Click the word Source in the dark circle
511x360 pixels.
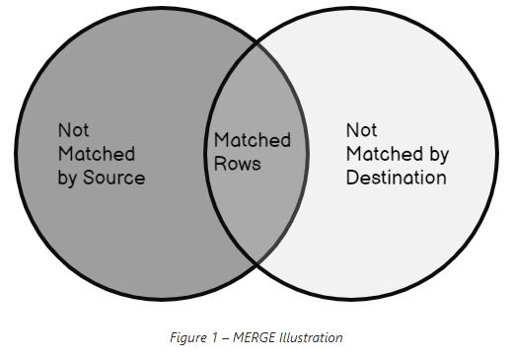(x=116, y=179)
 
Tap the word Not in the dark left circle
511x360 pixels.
(x=73, y=130)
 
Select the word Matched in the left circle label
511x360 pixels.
(x=96, y=154)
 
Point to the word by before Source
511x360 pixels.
(x=70, y=179)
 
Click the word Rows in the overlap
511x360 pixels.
(x=238, y=163)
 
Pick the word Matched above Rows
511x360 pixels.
(x=253, y=140)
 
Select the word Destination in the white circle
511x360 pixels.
(x=396, y=179)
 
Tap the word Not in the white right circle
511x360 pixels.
(x=360, y=130)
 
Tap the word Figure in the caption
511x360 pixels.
(x=184, y=337)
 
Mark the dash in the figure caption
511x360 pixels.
(x=218, y=337)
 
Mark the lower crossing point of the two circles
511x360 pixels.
(x=256, y=263)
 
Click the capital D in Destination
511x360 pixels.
(x=352, y=179)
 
